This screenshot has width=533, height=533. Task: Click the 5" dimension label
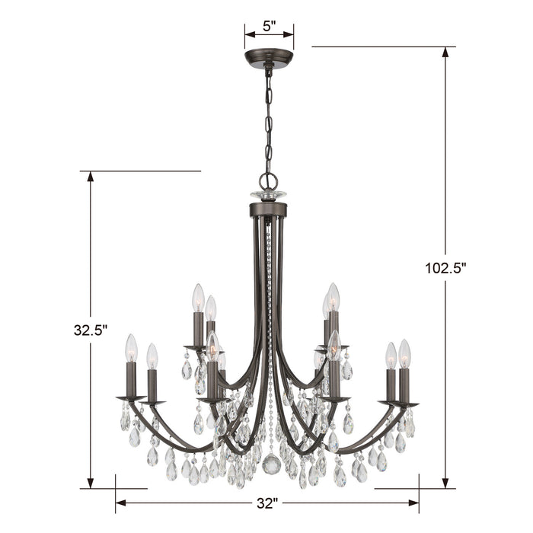[269, 26]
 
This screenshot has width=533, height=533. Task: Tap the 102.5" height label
[445, 269]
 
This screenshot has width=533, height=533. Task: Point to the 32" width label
[265, 503]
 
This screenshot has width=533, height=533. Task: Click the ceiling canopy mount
[269, 59]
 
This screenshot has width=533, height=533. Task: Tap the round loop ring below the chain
[269, 180]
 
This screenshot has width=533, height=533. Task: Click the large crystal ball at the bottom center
[270, 464]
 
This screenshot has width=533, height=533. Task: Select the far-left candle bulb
[131, 348]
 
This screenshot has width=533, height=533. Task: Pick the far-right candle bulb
[404, 353]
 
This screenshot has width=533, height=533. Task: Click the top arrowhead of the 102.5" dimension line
[445, 53]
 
